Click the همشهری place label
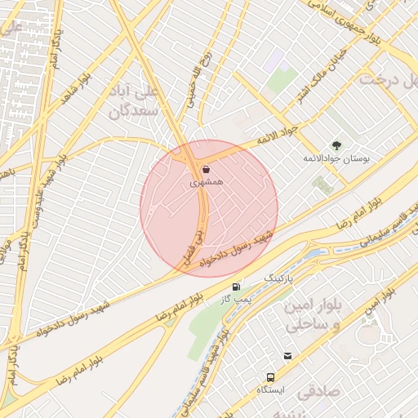click(206, 184)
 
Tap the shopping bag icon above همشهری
click(205, 170)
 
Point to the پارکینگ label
click(275, 278)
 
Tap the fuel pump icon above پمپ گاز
click(236, 287)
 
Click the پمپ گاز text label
click(237, 299)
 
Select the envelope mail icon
click(287, 356)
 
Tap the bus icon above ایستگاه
click(270, 377)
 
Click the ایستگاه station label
click(270, 390)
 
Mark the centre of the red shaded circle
click(209, 208)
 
